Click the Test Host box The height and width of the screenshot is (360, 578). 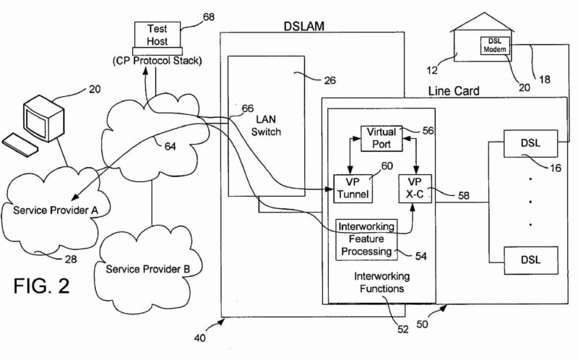pyautogui.click(x=158, y=35)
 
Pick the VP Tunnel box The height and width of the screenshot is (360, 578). pyautogui.click(x=353, y=187)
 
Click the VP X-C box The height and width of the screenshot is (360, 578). pyautogui.click(x=414, y=187)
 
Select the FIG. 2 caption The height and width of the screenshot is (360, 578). pyautogui.click(x=41, y=287)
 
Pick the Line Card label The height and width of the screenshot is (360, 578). pyautogui.click(x=454, y=93)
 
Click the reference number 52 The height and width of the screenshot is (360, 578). pyautogui.click(x=402, y=329)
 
